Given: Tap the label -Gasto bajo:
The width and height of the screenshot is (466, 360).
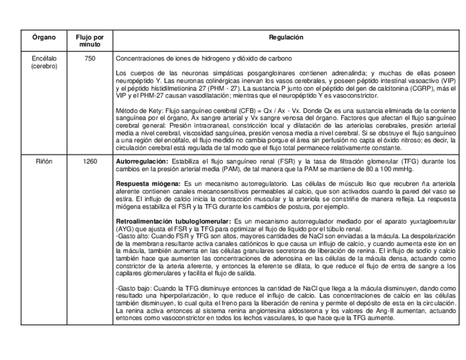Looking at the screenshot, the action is tap(131, 288).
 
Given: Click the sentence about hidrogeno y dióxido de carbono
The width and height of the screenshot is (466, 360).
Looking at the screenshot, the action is tap(203, 58).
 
